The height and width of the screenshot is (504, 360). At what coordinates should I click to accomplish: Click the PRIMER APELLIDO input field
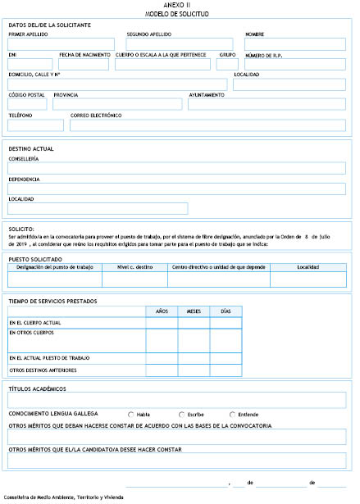62,44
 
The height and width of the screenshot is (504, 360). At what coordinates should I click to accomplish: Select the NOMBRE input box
294,44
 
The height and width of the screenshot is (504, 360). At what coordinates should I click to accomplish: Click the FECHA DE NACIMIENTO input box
84,64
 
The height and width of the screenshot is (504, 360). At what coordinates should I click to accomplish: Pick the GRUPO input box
227,64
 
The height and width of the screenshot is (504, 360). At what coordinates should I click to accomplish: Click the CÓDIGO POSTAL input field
28,104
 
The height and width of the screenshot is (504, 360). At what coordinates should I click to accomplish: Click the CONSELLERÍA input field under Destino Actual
176,168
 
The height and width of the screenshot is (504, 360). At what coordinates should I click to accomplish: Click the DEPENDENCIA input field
176,188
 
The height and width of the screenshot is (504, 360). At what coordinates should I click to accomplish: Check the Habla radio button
131,414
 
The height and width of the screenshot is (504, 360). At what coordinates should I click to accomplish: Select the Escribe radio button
182,414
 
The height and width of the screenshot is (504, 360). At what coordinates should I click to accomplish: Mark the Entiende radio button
233,414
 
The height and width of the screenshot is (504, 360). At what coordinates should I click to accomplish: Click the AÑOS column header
161,311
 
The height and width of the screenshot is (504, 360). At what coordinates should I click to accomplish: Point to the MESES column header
194,311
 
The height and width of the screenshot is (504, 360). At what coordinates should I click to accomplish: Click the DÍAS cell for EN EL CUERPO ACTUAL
226,323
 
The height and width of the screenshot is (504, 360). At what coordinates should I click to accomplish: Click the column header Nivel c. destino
135,267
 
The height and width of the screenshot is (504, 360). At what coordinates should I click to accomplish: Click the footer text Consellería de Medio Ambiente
64,497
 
